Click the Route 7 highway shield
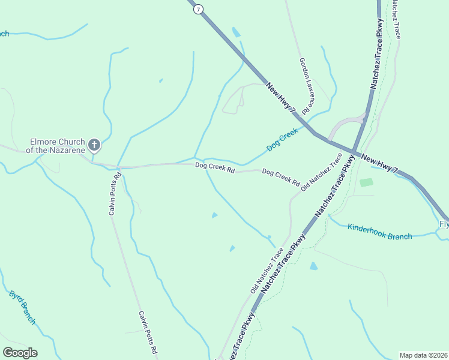[199, 9]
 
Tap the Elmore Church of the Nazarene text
[58, 146]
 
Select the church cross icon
[94, 145]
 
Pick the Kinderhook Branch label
[380, 231]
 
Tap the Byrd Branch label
[22, 308]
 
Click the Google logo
[20, 353]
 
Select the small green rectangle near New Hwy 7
[366, 182]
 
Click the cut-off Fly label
[444, 224]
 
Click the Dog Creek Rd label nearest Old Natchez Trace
[281, 177]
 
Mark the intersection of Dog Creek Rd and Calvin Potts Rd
[118, 167]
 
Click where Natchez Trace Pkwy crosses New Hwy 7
[354, 152]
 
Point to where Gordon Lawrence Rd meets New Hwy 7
[313, 133]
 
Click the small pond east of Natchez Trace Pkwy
[313, 266]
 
